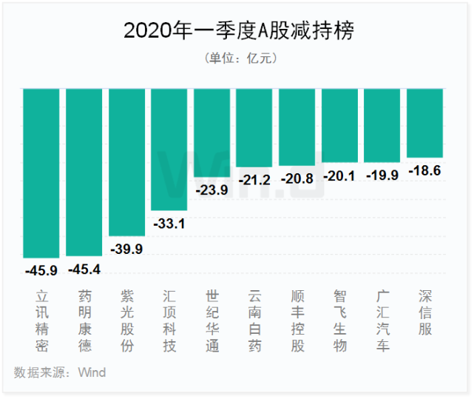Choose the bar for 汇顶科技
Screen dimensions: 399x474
click(x=169, y=149)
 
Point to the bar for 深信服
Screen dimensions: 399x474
click(x=425, y=123)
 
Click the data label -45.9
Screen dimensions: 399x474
click(x=41, y=270)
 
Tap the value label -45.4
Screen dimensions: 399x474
click(x=84, y=269)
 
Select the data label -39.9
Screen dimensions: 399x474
click(x=126, y=249)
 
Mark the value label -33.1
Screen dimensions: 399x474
click(x=169, y=223)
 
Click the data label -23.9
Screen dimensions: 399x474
click(x=212, y=190)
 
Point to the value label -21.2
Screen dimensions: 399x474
click(x=254, y=179)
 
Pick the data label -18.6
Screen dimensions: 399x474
click(x=425, y=170)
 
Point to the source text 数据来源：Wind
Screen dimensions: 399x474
click(x=60, y=372)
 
